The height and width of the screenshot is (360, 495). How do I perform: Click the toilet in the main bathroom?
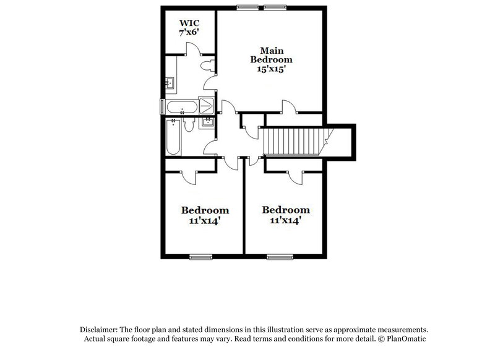[207, 62]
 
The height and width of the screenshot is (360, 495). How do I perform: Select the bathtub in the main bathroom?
[181, 107]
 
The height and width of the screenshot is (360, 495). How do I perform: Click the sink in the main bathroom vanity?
[170, 82]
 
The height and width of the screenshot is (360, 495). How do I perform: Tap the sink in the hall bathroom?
[208, 121]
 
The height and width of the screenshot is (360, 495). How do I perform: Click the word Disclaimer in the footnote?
[101, 330]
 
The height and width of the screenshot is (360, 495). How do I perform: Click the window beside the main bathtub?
[163, 107]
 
